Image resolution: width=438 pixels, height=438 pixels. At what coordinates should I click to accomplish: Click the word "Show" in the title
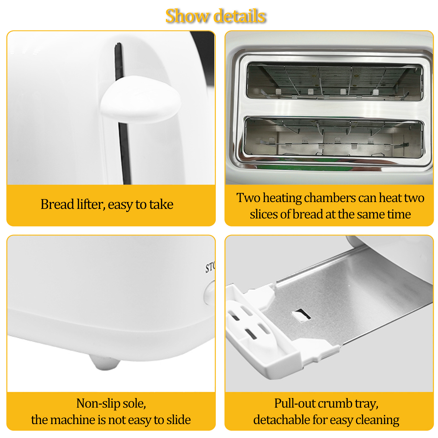(187, 16)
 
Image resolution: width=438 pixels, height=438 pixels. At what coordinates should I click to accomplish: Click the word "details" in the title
(240, 16)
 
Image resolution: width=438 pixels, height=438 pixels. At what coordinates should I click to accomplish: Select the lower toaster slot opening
(334, 138)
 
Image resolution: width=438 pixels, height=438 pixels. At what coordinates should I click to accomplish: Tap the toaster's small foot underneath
(105, 362)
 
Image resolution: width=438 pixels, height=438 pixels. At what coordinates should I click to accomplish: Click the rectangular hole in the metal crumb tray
(301, 315)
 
